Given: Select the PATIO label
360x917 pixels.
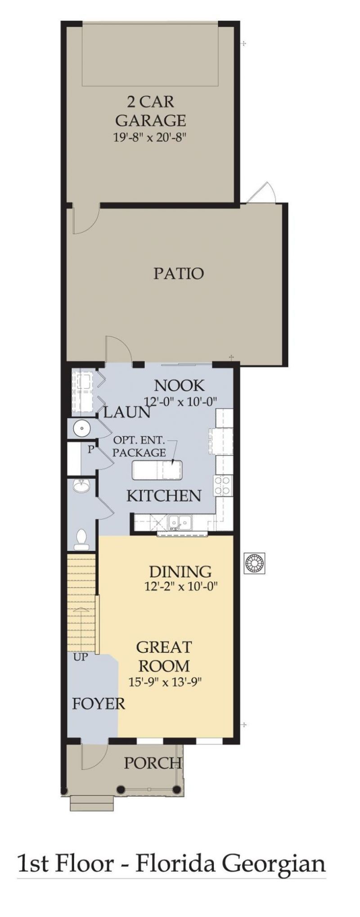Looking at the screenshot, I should pos(178,273).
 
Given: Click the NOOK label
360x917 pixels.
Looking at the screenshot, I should pos(179,385).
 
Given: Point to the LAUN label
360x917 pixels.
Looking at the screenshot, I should pos(126,412).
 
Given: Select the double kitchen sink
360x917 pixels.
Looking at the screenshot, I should pos(180,523).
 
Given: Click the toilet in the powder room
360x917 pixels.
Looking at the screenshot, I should pos(81,539).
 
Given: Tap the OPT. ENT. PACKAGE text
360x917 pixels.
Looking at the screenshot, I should pos(139,446).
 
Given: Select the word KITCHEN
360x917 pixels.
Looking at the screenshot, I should pos(163,496).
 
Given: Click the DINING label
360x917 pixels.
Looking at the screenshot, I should pos(180,571).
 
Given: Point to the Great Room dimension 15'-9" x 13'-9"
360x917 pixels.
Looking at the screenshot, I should pos(165,683).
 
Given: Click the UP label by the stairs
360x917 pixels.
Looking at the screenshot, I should pos(81,657).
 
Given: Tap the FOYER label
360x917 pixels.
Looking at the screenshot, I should pos(98,704).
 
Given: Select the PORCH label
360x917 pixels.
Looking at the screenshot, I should pos(153,763).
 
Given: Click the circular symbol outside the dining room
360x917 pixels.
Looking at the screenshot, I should pos(254,563).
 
